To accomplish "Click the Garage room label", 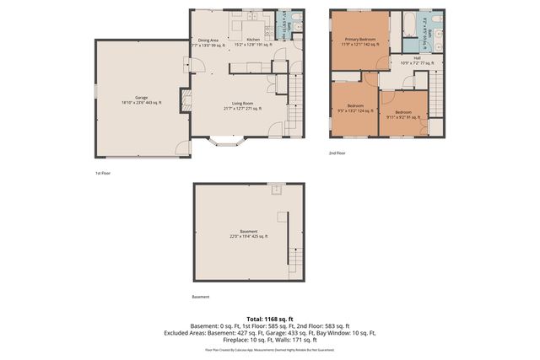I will tap(141, 100).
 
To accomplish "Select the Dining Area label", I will tap(208, 42).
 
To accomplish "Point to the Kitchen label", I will tap(252, 42).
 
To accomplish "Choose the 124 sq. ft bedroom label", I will tap(355, 108).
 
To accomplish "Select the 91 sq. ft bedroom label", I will tap(402, 114).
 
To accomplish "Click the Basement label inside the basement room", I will tap(248, 234).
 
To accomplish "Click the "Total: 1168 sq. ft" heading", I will tap(270, 318).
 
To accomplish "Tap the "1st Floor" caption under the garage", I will tap(103, 172).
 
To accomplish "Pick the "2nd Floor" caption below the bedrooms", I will tap(337, 153).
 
